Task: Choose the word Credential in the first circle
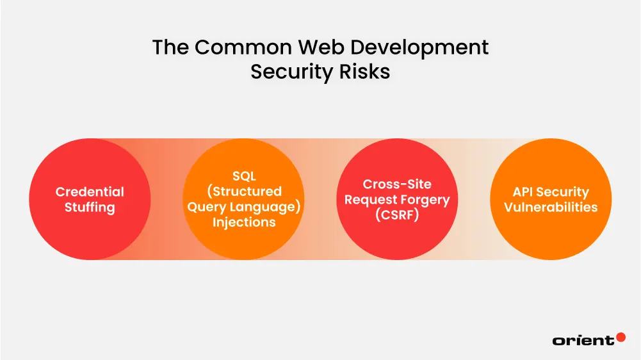(90, 192)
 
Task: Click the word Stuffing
(90, 208)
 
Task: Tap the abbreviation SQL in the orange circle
(244, 177)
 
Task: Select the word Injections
(244, 223)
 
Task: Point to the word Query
(206, 208)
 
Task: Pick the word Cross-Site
(397, 184)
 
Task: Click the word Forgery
(425, 200)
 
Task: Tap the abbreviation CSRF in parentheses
(397, 216)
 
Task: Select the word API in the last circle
(524, 192)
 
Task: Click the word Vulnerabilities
(551, 208)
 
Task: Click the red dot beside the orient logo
(620, 337)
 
